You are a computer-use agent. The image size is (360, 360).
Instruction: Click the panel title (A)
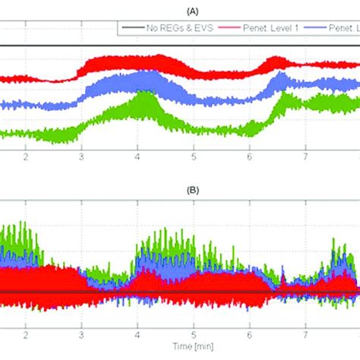click(193, 11)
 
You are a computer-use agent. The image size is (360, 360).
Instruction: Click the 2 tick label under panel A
click(26, 157)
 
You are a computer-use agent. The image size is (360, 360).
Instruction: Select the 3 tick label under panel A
click(81, 157)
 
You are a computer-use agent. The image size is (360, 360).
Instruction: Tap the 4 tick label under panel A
click(137, 157)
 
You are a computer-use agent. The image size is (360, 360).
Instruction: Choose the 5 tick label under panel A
click(194, 157)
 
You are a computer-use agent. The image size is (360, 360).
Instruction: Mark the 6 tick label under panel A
click(249, 157)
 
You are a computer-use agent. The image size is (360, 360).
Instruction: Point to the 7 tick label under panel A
click(305, 157)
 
